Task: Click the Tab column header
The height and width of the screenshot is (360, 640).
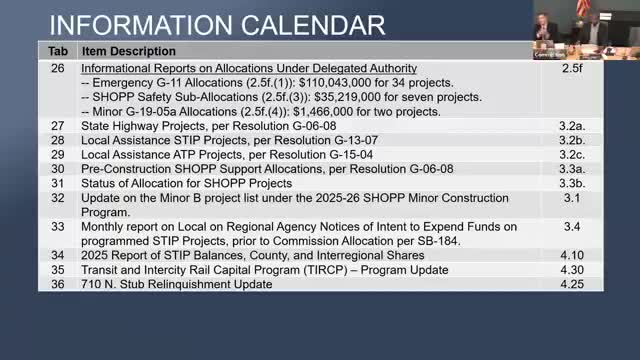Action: coord(58,51)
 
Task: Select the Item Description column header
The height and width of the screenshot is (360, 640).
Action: coord(129,51)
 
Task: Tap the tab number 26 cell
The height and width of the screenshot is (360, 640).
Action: coord(57,68)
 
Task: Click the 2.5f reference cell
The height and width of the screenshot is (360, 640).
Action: coord(571,68)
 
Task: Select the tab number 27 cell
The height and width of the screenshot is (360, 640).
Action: coord(57,126)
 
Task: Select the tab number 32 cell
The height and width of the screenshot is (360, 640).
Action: coord(57,198)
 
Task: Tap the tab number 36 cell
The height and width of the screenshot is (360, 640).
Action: coord(57,284)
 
